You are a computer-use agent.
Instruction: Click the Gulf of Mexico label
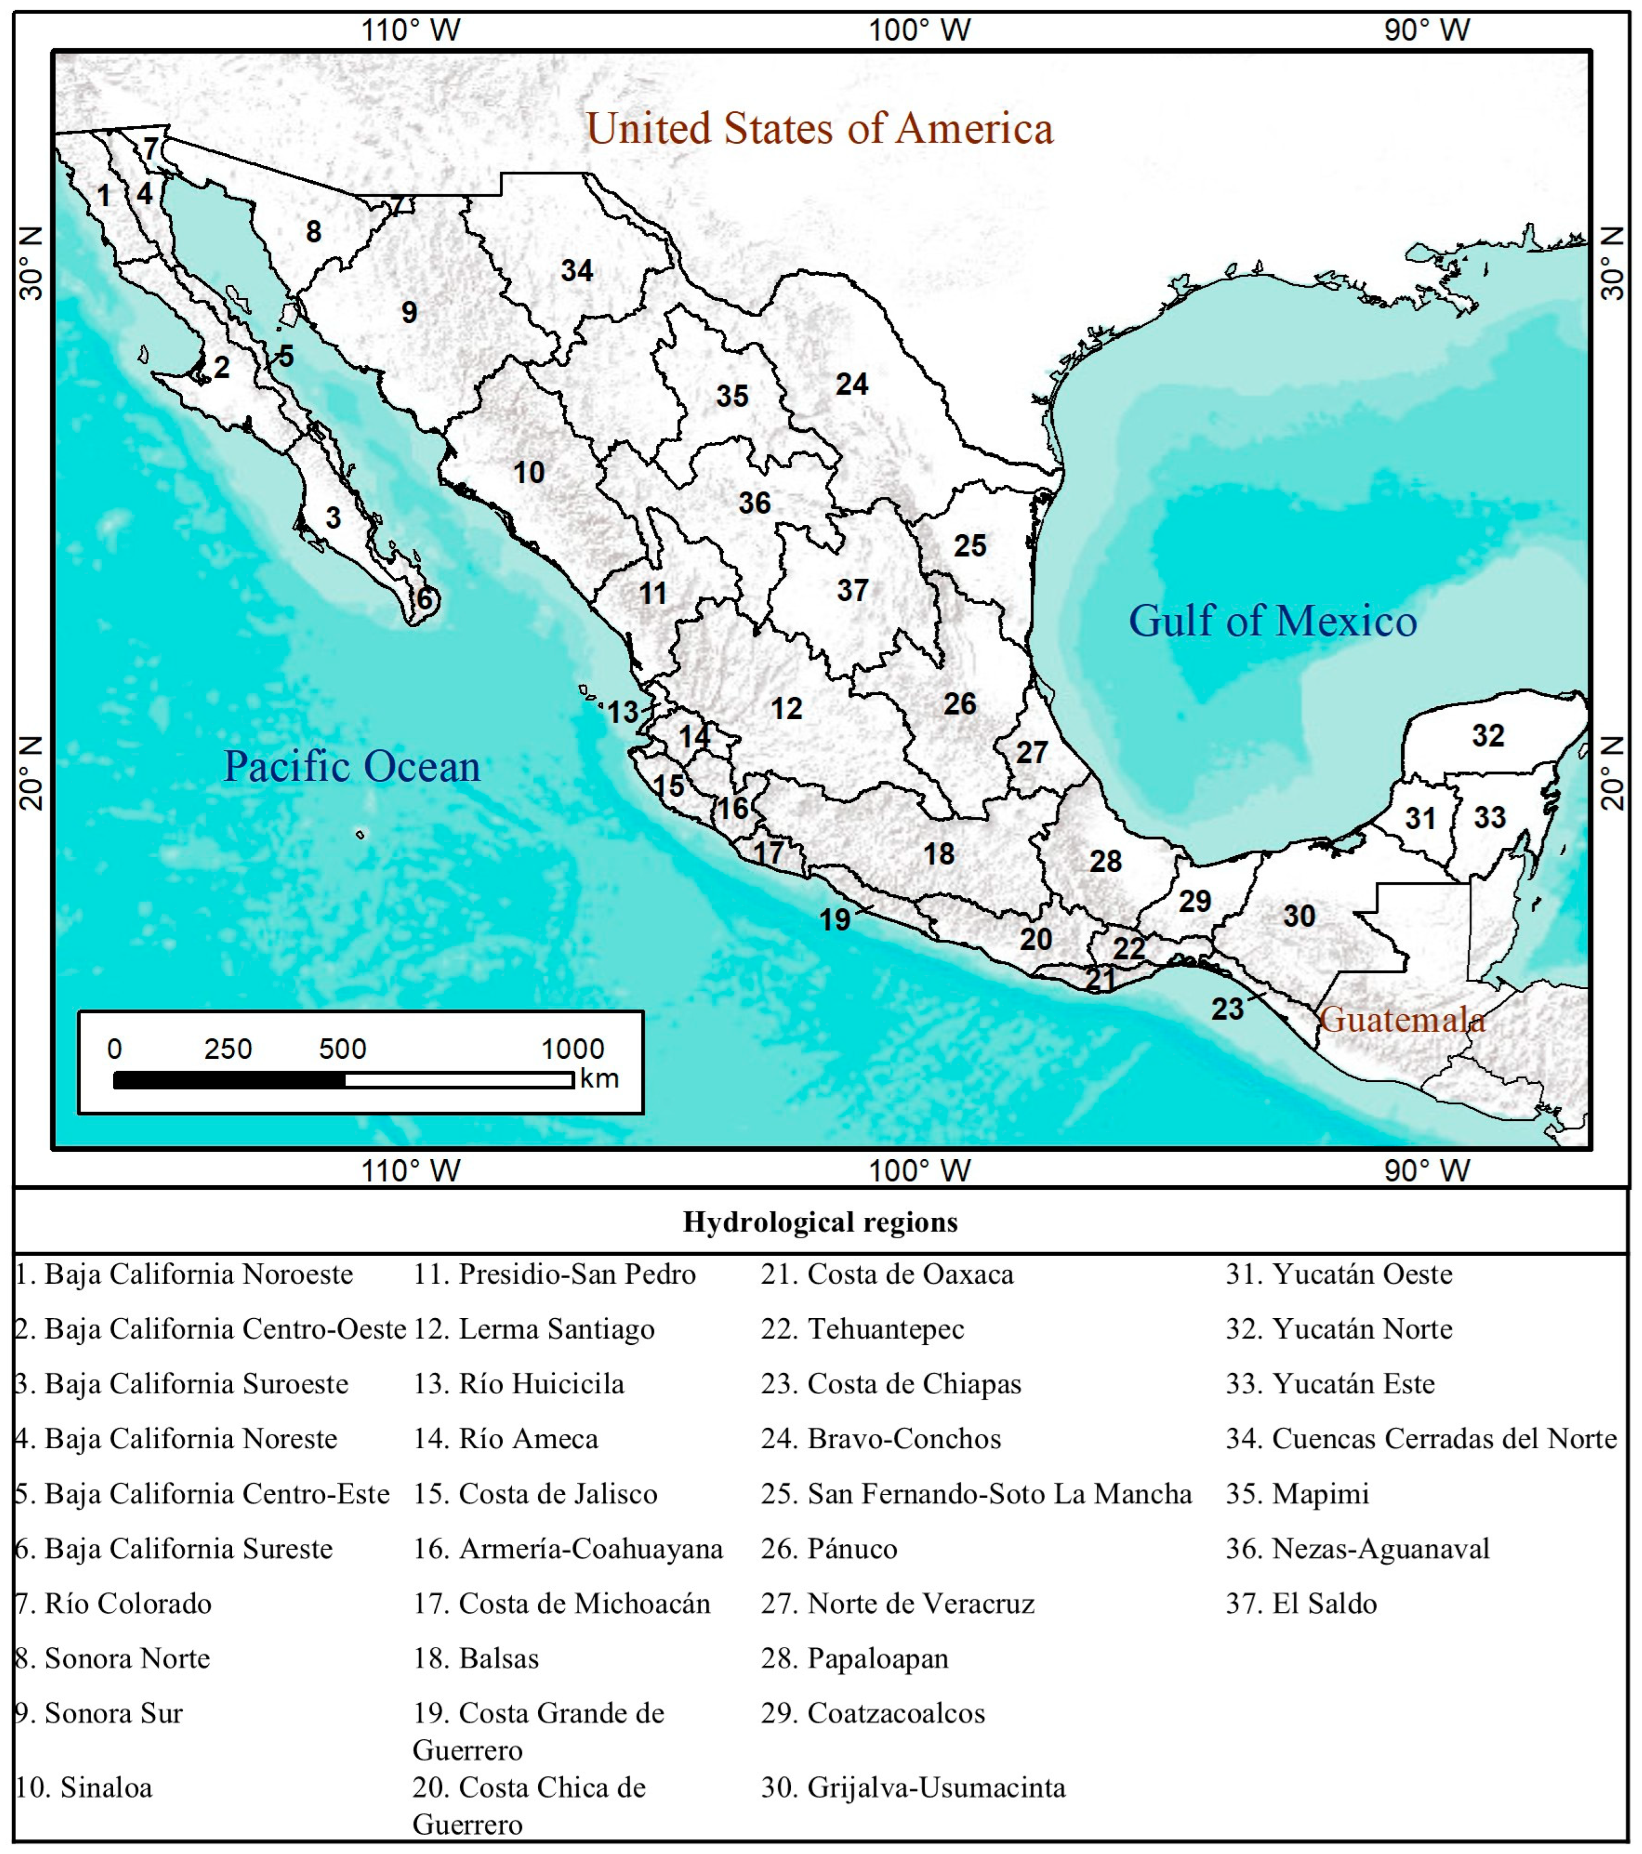pos(1272,621)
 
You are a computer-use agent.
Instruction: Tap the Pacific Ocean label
pos(352,767)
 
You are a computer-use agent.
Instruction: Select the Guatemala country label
pos(1402,1020)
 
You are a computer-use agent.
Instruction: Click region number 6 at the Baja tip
pos(423,599)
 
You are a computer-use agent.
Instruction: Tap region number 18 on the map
pos(939,853)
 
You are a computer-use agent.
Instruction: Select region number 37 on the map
pos(853,590)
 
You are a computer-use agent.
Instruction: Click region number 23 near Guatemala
pos(1227,1009)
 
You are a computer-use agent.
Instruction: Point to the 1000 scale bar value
pos(572,1049)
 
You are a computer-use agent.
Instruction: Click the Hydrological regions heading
pos(820,1222)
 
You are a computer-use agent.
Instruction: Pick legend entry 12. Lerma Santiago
pos(533,1329)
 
